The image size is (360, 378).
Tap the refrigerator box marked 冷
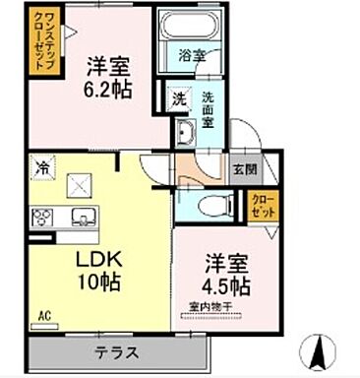coord(43,168)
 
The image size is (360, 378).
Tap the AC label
coord(44,315)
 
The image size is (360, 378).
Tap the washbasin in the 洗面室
coord(186,133)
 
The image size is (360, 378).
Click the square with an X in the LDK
coord(80,183)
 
